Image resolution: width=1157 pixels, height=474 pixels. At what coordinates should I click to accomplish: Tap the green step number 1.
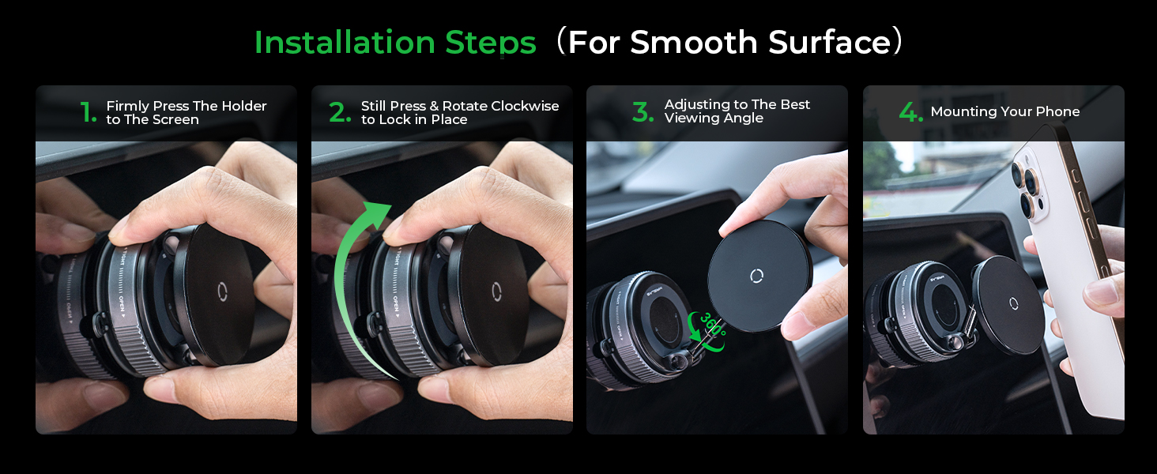pyautogui.click(x=88, y=113)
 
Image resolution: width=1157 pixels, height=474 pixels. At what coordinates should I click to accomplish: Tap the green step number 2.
pyautogui.click(x=339, y=113)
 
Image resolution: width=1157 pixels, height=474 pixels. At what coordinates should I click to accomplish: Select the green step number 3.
pyautogui.click(x=643, y=113)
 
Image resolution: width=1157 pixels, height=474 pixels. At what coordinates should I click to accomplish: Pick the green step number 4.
pyautogui.click(x=910, y=113)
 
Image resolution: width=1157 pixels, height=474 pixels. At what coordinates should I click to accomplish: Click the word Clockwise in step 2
pyautogui.click(x=525, y=106)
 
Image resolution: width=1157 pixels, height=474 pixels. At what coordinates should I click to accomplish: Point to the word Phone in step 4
pyautogui.click(x=1057, y=112)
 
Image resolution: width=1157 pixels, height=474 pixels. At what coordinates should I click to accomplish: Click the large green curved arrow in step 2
pyautogui.click(x=352, y=276)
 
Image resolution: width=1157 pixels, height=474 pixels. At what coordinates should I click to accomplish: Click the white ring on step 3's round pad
pyautogui.click(x=756, y=276)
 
